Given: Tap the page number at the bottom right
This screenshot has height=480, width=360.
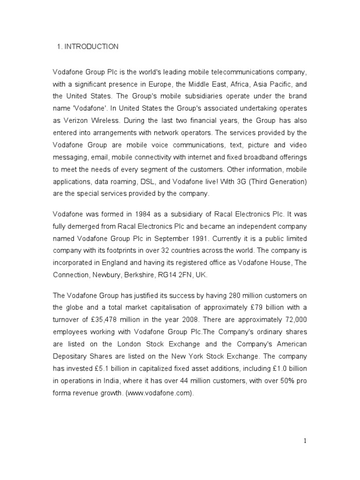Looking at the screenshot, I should click(305, 440).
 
